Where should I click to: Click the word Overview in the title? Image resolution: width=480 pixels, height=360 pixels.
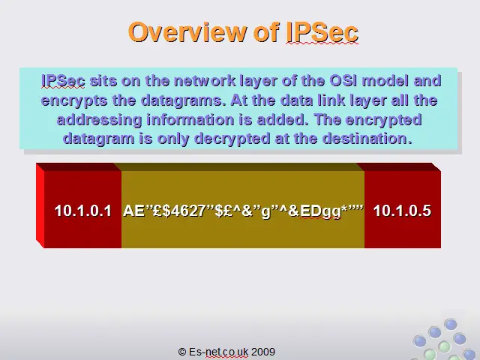pyautogui.click(x=187, y=31)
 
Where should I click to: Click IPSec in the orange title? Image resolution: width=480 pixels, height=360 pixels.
pyautogui.click(x=322, y=31)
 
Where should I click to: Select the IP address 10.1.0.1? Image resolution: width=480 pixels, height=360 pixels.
pyautogui.click(x=82, y=211)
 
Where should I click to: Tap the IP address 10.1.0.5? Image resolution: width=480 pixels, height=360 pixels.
pyautogui.click(x=402, y=211)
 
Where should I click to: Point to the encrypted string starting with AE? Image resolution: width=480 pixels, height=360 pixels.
pyautogui.click(x=243, y=211)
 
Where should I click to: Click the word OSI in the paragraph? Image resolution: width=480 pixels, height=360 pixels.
pyautogui.click(x=343, y=81)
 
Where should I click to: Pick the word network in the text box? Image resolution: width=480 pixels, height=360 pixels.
pyautogui.click(x=205, y=81)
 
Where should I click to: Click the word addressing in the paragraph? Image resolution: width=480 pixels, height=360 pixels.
pyautogui.click(x=99, y=120)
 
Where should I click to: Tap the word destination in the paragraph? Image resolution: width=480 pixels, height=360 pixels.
pyautogui.click(x=367, y=138)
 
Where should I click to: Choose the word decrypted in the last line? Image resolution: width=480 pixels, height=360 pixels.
pyautogui.click(x=232, y=139)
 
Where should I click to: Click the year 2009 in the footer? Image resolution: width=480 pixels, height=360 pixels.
pyautogui.click(x=263, y=352)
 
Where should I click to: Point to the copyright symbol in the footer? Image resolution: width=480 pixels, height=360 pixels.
pyautogui.click(x=182, y=352)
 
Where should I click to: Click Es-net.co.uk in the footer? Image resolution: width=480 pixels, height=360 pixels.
pyautogui.click(x=218, y=352)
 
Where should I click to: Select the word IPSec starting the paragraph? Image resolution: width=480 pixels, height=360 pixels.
pyautogui.click(x=63, y=81)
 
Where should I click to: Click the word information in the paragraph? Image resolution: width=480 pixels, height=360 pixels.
pyautogui.click(x=190, y=119)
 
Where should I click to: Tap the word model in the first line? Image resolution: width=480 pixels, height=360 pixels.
pyautogui.click(x=385, y=81)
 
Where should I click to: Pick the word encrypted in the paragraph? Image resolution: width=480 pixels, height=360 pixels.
pyautogui.click(x=383, y=120)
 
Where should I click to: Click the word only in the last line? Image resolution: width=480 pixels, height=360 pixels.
pyautogui.click(x=172, y=139)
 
